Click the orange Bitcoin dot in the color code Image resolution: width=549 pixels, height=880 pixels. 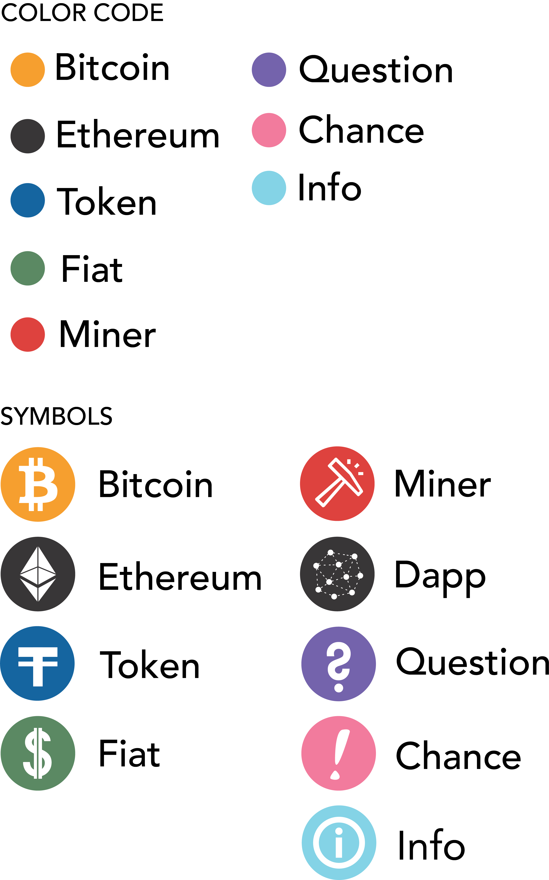28,70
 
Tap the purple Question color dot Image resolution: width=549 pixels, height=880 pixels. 269,70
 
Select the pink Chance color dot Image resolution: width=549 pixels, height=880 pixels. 269,130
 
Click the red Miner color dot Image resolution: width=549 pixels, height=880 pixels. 28,334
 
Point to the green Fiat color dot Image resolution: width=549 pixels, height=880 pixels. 28,268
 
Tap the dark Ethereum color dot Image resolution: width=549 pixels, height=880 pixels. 28,136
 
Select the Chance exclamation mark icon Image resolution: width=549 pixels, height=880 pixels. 338,753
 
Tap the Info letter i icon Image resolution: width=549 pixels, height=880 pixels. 339,843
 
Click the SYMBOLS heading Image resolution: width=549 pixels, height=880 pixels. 56,416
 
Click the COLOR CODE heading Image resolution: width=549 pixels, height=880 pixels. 82,13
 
